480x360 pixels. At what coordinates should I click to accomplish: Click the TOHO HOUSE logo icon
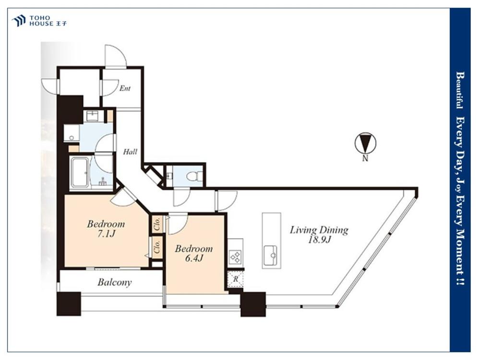[18, 21]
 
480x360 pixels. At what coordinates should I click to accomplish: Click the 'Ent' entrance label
[125, 88]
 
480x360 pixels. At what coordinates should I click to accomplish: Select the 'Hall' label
[130, 152]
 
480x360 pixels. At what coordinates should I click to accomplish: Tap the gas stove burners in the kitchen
[236, 256]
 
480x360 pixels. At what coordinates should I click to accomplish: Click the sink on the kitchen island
[271, 253]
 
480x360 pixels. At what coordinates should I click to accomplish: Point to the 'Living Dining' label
[319, 230]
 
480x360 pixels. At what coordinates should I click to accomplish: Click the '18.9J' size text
[319, 240]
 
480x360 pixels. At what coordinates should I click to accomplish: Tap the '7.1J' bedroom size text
[106, 234]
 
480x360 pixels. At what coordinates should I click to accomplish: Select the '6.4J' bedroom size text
[194, 258]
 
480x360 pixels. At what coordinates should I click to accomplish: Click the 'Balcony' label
[115, 282]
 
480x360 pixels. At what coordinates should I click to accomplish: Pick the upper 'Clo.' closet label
[157, 224]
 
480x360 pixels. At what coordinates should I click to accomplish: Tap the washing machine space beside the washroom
[72, 133]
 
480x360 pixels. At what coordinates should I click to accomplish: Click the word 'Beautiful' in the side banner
[459, 91]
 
